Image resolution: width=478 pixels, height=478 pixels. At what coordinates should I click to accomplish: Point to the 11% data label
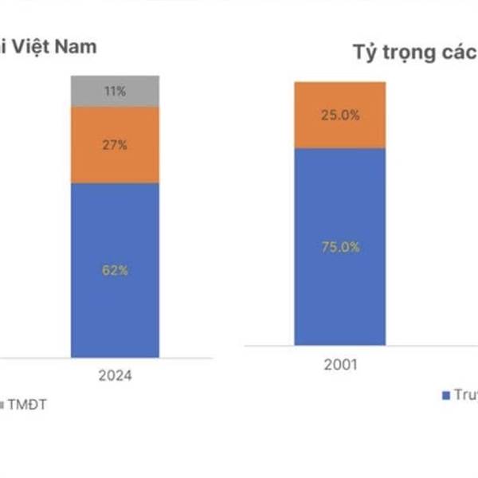click(x=115, y=92)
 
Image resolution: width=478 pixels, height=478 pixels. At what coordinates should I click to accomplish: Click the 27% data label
click(x=115, y=145)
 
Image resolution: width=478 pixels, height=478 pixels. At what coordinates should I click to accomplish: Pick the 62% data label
click(x=115, y=270)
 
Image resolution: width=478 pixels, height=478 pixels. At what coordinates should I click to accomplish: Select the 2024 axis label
click(x=115, y=374)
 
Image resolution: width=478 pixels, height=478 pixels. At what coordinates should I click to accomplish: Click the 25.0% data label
click(x=340, y=115)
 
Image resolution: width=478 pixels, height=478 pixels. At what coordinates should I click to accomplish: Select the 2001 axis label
click(x=340, y=366)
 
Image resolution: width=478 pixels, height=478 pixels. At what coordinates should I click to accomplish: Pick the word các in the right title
click(x=460, y=54)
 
